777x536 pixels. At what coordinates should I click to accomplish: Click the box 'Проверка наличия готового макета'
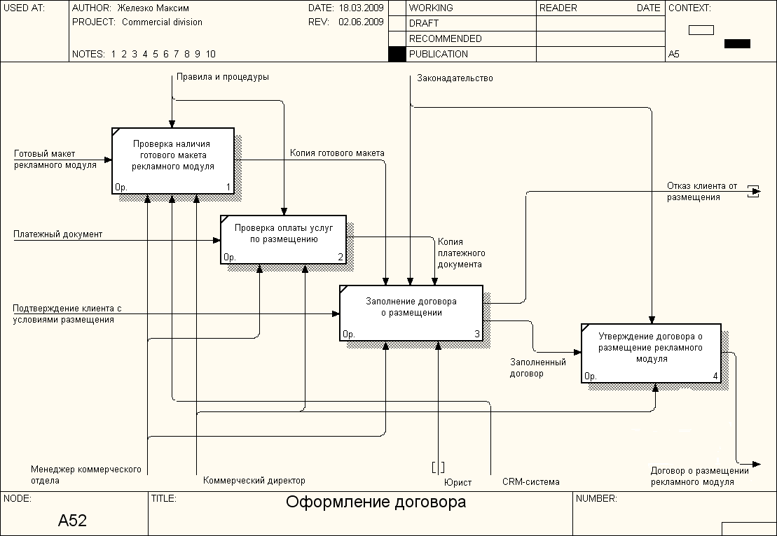[173, 160]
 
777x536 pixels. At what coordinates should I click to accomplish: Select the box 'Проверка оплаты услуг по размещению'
[283, 239]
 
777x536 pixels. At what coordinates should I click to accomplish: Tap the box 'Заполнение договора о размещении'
[411, 313]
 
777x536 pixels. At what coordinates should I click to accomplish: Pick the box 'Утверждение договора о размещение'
[651, 353]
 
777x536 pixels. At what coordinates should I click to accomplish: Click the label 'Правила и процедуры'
[222, 77]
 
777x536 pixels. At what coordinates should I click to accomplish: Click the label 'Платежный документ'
[57, 234]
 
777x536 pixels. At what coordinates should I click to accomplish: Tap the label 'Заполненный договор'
[537, 368]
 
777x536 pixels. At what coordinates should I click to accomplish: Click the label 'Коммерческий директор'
[254, 481]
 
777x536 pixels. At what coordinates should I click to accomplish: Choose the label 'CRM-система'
[530, 481]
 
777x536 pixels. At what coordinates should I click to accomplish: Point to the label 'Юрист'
[458, 482]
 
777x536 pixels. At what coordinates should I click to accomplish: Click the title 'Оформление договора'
[376, 502]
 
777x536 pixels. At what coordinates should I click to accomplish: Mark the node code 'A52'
[72, 521]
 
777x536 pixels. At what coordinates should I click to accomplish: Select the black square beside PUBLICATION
[397, 54]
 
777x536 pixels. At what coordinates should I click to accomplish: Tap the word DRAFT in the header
[423, 23]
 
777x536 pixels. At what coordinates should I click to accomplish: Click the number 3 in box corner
[477, 334]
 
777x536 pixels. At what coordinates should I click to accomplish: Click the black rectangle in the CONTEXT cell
[737, 43]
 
